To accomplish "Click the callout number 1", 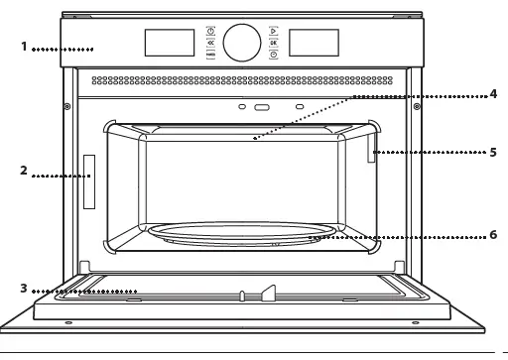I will pos(24,47).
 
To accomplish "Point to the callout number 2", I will pos(24,171).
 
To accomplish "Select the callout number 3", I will pos(24,289).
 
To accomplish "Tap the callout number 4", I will pos(492,94).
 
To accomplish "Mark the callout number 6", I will pos(492,235).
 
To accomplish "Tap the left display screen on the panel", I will pos(169,42).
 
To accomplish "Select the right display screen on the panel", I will pos(313,42).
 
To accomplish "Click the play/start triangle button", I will pos(273,31).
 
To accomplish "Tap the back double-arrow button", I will pos(210,43).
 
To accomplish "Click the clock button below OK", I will pos(273,56).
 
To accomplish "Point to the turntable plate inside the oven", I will pos(238,235).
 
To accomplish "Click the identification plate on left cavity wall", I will pos(89,181).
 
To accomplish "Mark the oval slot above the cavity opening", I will pos(261,104).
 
